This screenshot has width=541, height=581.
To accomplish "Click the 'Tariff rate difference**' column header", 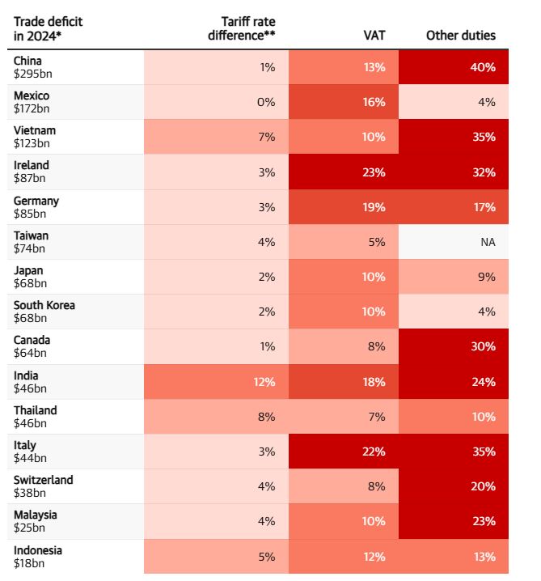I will pos(247,28).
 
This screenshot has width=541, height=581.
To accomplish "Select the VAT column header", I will pos(374,36).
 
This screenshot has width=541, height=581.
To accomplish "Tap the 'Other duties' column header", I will pos(460,36).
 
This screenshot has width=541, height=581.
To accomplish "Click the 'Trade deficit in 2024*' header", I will pos(48,28).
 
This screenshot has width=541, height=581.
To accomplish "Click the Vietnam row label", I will pos(35,130).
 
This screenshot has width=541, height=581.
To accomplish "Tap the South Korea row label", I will pos(44,305).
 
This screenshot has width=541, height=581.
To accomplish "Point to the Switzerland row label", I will pos(43,480).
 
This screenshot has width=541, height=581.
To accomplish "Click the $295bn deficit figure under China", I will pos(31,74).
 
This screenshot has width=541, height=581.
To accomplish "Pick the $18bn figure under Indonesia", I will pos(28,562).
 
